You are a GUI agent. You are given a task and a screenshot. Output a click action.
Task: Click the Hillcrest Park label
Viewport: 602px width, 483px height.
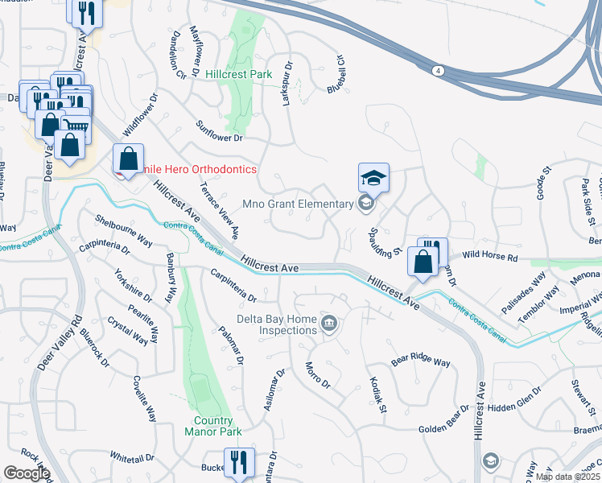pyautogui.click(x=238, y=74)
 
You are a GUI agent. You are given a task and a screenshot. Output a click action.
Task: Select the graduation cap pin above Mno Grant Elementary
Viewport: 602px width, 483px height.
pyautogui.click(x=373, y=177)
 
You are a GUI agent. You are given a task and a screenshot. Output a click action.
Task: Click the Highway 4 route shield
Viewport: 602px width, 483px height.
pyautogui.click(x=436, y=71)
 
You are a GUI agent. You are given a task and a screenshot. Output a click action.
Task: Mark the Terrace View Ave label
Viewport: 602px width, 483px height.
pyautogui.click(x=219, y=209)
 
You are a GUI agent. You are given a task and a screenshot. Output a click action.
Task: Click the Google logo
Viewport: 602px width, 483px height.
pyautogui.click(x=27, y=473)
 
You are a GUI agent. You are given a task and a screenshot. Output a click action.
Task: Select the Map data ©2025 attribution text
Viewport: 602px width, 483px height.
pyautogui.click(x=567, y=477)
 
